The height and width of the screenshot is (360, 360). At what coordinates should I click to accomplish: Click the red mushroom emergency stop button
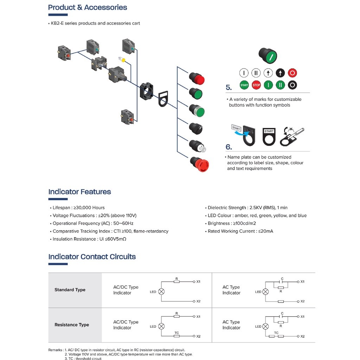click(200, 164)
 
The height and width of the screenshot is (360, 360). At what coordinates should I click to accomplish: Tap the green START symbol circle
click(244, 85)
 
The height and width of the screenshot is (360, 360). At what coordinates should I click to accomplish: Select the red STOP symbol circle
click(256, 85)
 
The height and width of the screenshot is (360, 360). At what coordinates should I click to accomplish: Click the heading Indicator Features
click(79, 192)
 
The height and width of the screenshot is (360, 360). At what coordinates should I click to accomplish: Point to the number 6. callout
click(229, 147)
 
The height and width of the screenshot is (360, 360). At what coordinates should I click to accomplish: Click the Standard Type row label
click(70, 290)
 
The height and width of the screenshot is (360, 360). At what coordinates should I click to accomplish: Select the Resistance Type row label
click(72, 325)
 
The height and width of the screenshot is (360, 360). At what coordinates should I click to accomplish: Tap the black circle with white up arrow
click(280, 73)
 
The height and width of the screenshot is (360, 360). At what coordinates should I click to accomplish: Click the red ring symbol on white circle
click(292, 73)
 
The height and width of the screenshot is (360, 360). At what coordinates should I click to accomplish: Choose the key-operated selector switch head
click(195, 146)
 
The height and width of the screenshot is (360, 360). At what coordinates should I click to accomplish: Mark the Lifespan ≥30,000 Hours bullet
click(78, 208)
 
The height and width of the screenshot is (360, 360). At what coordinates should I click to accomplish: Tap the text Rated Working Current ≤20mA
click(240, 231)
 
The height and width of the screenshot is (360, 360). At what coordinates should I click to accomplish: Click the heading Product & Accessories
click(88, 7)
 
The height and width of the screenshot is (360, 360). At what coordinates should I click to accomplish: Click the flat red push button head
click(197, 78)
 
